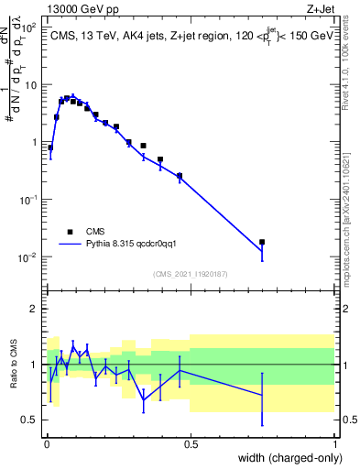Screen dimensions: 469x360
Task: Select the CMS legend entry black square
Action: pos(70,232)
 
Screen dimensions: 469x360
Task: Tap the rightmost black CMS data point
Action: pos(262,242)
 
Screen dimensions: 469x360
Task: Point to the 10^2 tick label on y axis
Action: pos(29,28)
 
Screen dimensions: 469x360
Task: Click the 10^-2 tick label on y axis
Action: pos(29,256)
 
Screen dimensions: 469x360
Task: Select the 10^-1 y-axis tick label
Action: pos(29,200)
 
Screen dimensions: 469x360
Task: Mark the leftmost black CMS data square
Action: pos(50,147)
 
